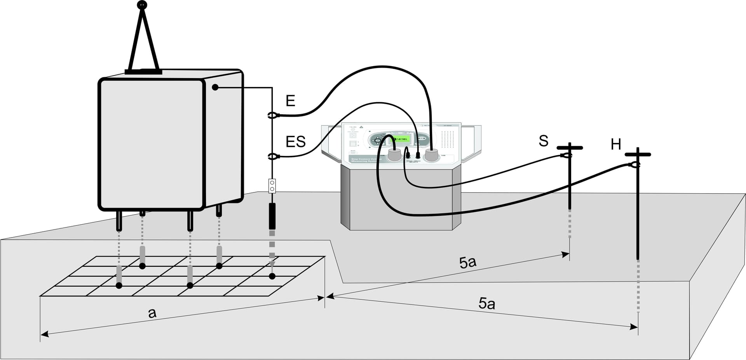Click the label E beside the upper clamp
tap(290, 101)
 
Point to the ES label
tap(295, 142)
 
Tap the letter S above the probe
tap(544, 141)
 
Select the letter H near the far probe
tap(616, 145)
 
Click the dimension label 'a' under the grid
tap(152, 313)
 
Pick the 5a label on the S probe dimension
tap(467, 263)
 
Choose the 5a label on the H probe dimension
tap(486, 303)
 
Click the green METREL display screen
tap(400, 139)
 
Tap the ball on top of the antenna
tap(142, 5)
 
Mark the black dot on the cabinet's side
tap(215, 87)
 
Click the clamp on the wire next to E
tap(273, 115)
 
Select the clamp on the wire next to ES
tap(273, 157)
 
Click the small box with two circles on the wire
tap(272, 186)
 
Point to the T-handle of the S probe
tap(570, 148)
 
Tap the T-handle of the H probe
tap(638, 154)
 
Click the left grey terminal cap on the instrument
tap(395, 155)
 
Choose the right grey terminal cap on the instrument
tap(431, 155)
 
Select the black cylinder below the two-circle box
tap(272, 216)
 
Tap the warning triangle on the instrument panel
tap(361, 127)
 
